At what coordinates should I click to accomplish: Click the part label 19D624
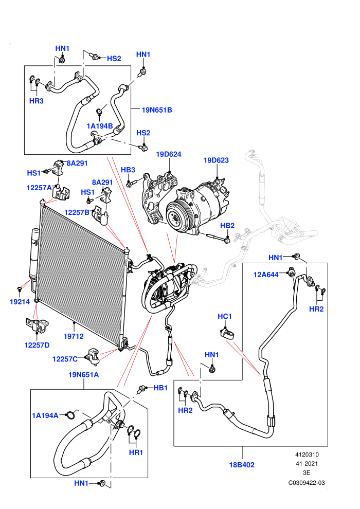169,154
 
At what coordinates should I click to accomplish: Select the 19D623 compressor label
216,160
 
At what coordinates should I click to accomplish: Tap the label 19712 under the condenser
74,336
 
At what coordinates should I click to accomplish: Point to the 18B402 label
242,465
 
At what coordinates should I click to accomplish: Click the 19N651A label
83,375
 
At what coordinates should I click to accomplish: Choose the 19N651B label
157,110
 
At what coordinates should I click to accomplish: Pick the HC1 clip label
225,316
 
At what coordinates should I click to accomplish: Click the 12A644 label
266,275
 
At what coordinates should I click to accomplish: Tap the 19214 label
20,302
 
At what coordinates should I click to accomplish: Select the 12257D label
37,345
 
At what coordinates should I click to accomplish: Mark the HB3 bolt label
128,170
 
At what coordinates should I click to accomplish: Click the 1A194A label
45,415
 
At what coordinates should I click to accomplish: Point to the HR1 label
136,452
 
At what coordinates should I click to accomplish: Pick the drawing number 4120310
307,455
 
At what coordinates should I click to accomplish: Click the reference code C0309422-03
307,483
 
